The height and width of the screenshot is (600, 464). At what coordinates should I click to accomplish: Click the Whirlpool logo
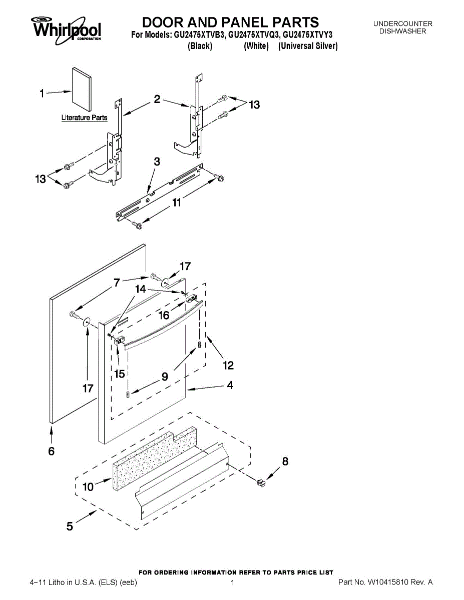point(67,28)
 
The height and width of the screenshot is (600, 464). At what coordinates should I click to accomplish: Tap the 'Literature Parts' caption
point(84,118)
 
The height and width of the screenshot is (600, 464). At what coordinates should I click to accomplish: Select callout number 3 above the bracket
point(157,162)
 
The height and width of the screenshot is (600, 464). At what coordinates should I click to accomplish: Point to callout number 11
point(176,202)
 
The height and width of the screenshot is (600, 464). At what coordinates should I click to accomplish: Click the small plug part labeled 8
point(260,482)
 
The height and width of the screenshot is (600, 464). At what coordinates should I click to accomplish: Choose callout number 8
point(285,461)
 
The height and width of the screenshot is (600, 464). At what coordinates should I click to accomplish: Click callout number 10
point(88,486)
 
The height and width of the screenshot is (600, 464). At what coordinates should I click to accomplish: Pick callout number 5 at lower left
point(70,526)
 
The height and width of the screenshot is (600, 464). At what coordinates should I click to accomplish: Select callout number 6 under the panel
point(52,451)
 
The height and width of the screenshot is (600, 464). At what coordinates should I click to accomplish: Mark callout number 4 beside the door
point(230,385)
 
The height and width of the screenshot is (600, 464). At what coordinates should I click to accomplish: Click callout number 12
point(228,365)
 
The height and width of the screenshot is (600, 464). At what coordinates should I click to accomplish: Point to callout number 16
point(164,315)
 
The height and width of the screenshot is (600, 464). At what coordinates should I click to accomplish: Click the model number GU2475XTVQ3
point(253,35)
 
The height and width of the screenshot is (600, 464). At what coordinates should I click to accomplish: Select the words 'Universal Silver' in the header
point(308,46)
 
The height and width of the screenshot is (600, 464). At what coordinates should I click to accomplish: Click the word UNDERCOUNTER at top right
point(402,23)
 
